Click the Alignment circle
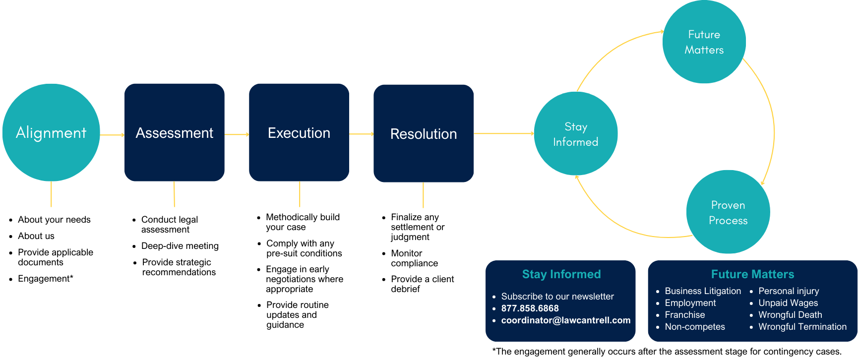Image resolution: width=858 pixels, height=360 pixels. click(51, 132)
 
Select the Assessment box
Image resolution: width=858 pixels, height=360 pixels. click(175, 132)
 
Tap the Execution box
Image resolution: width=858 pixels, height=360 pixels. click(299, 132)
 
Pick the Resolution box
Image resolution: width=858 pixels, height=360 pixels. click(424, 133)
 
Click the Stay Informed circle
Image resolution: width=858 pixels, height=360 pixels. click(576, 134)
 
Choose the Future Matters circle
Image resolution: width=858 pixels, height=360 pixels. click(704, 42)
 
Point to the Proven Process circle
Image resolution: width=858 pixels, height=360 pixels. click(728, 212)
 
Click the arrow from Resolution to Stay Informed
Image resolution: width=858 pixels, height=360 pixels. click(503, 133)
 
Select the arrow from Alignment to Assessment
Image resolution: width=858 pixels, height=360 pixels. click(112, 134)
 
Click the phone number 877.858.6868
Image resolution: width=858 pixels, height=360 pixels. click(530, 308)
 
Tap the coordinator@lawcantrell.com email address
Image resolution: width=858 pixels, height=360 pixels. click(566, 320)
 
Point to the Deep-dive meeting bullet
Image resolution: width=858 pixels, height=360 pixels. click(180, 246)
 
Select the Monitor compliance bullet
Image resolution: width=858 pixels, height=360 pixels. click(414, 258)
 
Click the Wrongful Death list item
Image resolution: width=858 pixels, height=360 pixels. click(790, 315)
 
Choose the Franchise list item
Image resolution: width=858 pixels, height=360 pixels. click(685, 315)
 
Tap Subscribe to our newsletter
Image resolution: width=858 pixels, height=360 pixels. click(557, 297)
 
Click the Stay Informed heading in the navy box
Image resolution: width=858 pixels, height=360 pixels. click(561, 274)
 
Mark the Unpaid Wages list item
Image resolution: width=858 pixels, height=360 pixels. click(788, 303)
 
